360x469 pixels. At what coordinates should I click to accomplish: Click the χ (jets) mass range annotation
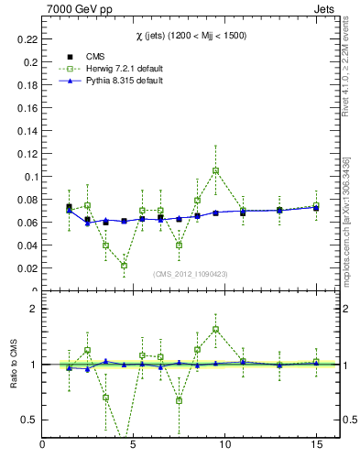191,34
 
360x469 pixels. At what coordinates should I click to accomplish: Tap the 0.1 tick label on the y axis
29,177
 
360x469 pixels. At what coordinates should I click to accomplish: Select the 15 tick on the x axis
315,445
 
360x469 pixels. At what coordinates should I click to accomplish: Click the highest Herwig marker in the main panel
215,170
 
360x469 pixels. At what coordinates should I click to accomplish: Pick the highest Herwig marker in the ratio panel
215,329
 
